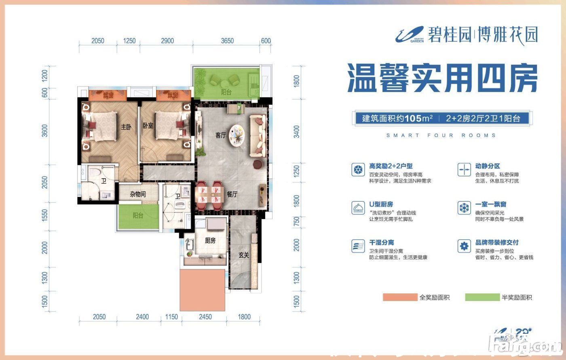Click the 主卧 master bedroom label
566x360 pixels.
tap(126, 126)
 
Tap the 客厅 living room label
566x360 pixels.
tap(220, 135)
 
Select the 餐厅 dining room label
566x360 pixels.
tap(232, 194)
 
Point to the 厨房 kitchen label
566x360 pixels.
tap(210, 241)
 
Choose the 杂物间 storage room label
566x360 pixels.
tap(138, 194)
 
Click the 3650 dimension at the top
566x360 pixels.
tap(228, 41)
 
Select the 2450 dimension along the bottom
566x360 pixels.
tap(205, 317)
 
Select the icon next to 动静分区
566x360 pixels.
tap(464, 169)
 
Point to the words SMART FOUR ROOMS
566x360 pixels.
tap(441, 135)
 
